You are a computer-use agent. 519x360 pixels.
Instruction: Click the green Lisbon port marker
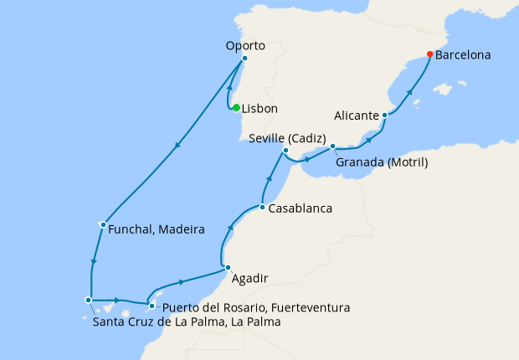pyautogui.click(x=237, y=107)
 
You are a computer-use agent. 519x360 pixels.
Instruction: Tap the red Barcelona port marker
pyautogui.click(x=429, y=54)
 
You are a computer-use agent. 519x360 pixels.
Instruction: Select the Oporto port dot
pyautogui.click(x=244, y=59)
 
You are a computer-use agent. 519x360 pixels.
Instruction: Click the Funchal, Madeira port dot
pyautogui.click(x=102, y=224)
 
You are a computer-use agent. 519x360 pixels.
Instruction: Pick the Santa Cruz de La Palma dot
pyautogui.click(x=88, y=300)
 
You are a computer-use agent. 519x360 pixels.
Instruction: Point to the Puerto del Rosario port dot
pyautogui.click(x=152, y=306)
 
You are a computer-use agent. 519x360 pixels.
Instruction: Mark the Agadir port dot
pyautogui.click(x=228, y=268)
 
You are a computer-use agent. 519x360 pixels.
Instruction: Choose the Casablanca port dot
pyautogui.click(x=262, y=207)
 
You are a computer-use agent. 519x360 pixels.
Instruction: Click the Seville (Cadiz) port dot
pyautogui.click(x=285, y=151)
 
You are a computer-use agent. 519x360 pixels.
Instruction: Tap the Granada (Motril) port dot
pyautogui.click(x=332, y=147)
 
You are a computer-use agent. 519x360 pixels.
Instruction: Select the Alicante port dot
pyautogui.click(x=384, y=115)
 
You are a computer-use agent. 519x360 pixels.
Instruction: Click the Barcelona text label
pyautogui.click(x=463, y=55)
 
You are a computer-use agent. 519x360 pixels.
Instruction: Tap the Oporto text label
pyautogui.click(x=245, y=45)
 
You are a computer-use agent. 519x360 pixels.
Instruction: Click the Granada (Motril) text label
pyautogui.click(x=381, y=162)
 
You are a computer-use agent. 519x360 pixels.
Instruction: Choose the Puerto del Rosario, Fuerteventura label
pyautogui.click(x=255, y=308)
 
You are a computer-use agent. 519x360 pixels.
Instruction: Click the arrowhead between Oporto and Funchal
pyautogui.click(x=177, y=147)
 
